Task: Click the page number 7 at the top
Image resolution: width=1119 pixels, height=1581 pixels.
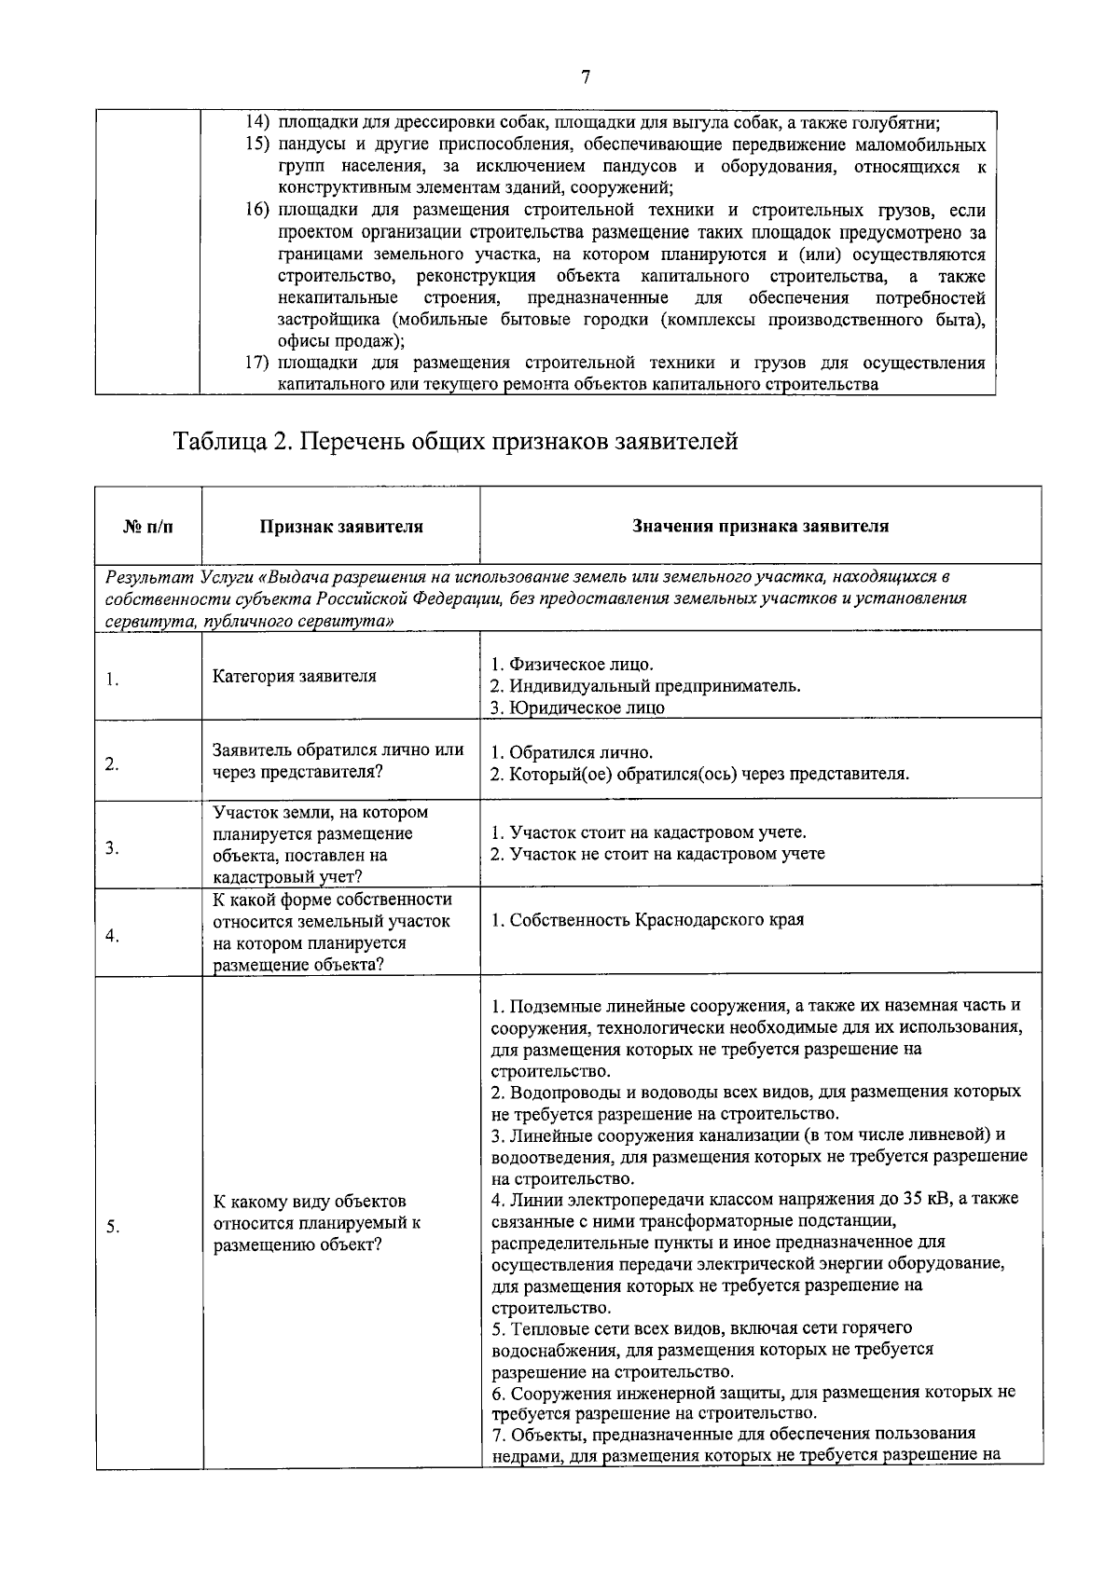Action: pyautogui.click(x=586, y=77)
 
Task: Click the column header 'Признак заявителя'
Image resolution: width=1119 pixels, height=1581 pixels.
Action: pyautogui.click(x=340, y=527)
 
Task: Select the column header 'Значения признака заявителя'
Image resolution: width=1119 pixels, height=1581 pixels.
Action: pyautogui.click(x=760, y=526)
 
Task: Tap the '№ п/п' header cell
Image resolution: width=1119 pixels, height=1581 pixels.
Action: pyautogui.click(x=148, y=527)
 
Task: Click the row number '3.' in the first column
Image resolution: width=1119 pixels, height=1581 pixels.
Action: pyautogui.click(x=111, y=847)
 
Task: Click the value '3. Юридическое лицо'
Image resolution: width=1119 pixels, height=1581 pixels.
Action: pyautogui.click(x=577, y=708)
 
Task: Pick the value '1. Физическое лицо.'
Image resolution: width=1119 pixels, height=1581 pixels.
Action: pyautogui.click(x=572, y=665)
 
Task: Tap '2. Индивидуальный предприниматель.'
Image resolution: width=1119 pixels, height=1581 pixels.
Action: pyautogui.click(x=645, y=686)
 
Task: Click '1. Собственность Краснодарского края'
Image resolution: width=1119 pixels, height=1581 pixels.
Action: pyautogui.click(x=647, y=920)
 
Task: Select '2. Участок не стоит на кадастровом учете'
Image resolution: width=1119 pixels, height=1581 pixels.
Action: pyautogui.click(x=657, y=853)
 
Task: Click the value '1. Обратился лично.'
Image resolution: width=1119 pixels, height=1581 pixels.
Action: pyautogui.click(x=572, y=752)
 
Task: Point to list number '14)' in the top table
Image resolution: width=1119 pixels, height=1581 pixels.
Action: pyautogui.click(x=257, y=123)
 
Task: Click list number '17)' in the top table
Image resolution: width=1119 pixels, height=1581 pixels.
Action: pyautogui.click(x=257, y=363)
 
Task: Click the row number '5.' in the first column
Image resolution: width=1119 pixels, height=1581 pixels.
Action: pyautogui.click(x=111, y=1227)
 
